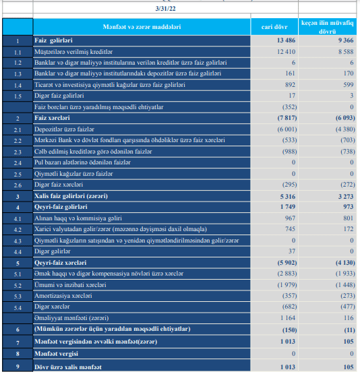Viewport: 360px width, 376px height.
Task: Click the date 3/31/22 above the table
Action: [165, 9]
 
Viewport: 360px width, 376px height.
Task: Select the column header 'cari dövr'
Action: [274, 27]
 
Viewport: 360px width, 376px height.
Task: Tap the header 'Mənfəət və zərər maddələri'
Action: [142, 27]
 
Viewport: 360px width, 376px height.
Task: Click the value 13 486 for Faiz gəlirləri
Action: [286, 40]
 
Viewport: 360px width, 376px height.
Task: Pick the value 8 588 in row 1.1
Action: [346, 52]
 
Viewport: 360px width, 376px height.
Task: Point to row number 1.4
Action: [18, 86]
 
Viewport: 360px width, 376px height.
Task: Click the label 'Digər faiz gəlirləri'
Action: [59, 96]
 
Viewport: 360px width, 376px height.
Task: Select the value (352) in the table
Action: [289, 106]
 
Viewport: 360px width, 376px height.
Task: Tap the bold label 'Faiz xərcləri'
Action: [52, 118]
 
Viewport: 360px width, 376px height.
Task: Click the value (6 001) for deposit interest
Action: [287, 129]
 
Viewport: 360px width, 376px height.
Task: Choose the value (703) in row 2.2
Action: [348, 140]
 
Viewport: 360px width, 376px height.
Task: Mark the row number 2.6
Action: [18, 185]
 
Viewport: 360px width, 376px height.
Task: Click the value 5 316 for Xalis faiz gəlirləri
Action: [288, 197]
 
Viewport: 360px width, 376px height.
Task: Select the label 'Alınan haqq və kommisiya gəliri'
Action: [78, 218]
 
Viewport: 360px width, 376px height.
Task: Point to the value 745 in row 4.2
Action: [290, 229]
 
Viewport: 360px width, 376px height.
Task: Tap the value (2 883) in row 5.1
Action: [287, 274]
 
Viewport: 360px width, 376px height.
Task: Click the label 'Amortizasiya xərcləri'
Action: [63, 296]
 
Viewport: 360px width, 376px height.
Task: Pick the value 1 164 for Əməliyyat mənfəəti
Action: [288, 318]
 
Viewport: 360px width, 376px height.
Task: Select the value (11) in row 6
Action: [349, 330]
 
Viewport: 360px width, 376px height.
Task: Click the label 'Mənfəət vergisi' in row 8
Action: [56, 354]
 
